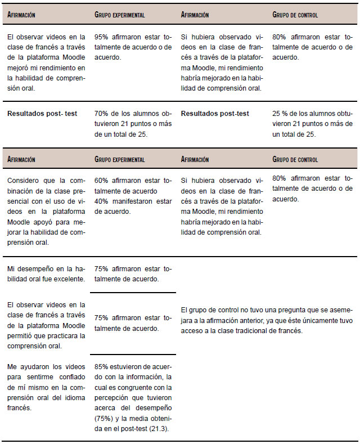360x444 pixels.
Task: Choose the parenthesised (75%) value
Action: [105, 418]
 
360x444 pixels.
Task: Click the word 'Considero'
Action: [24, 181]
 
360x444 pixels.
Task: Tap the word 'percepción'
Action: [113, 397]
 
